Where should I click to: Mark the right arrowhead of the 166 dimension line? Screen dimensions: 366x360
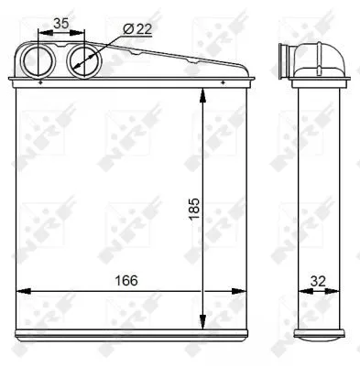(244, 292)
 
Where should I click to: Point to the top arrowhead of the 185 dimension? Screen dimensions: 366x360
(202, 95)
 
